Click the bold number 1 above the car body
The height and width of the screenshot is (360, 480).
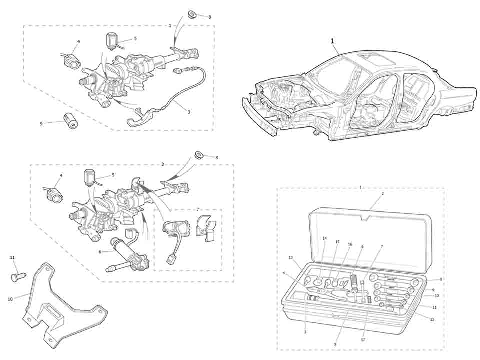331,39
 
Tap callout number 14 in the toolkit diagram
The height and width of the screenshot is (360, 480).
324,239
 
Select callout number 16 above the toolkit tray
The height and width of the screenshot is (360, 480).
350,244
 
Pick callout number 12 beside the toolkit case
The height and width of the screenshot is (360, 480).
432,319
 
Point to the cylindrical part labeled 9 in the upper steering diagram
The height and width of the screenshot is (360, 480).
70,120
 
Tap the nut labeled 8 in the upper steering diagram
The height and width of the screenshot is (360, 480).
191,14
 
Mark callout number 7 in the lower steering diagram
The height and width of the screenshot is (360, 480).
197,209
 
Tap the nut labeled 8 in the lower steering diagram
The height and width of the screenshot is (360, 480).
199,154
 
